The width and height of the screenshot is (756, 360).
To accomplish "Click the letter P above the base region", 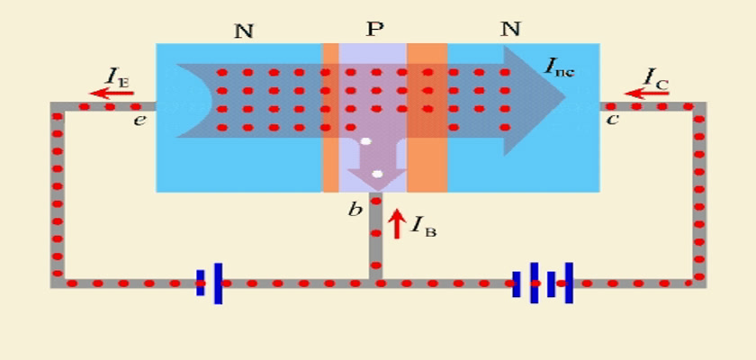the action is pyautogui.click(x=374, y=30).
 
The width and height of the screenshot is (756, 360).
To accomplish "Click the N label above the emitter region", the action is pyautogui.click(x=244, y=31).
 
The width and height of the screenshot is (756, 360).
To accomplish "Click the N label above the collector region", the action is pyautogui.click(x=510, y=30).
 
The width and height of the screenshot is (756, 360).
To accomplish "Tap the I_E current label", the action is pyautogui.click(x=118, y=76).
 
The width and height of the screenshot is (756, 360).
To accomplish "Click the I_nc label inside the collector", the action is pyautogui.click(x=559, y=67).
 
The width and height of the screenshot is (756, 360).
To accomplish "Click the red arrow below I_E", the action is pyautogui.click(x=112, y=93).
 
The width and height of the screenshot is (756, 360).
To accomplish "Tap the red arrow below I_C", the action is pyautogui.click(x=646, y=93).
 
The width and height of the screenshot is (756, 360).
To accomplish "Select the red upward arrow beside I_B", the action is pyautogui.click(x=396, y=223).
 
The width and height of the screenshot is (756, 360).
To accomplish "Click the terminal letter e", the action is pyautogui.click(x=139, y=120).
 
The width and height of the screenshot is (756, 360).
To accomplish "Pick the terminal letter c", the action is pyautogui.click(x=612, y=119).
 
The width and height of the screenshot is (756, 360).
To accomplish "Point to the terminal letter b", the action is pyautogui.click(x=355, y=209).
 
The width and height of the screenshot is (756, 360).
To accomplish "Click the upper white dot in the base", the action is pyautogui.click(x=366, y=141).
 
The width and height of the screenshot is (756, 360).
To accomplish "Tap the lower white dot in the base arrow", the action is pyautogui.click(x=377, y=174).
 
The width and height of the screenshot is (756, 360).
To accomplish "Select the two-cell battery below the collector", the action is pyautogui.click(x=543, y=283).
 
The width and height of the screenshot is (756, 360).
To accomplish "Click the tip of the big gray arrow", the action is pyautogui.click(x=565, y=97).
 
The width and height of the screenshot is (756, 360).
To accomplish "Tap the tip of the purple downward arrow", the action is pyautogui.click(x=377, y=191).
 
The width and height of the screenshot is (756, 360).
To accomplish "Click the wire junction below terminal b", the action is pyautogui.click(x=376, y=283).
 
